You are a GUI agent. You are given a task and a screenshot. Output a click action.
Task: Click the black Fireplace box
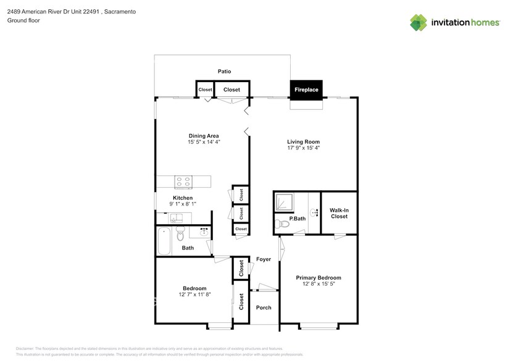pyautogui.click(x=306, y=90)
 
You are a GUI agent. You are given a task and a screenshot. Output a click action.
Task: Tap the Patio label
pyautogui.click(x=224, y=72)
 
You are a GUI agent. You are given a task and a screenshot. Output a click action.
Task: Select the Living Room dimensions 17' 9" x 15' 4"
pyautogui.click(x=303, y=148)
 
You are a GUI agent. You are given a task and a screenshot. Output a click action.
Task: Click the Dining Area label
pyautogui.click(x=204, y=136)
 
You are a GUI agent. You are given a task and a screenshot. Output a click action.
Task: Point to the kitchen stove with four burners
pyautogui.click(x=183, y=181)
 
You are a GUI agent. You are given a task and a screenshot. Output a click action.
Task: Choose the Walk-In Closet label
pyautogui.click(x=339, y=213)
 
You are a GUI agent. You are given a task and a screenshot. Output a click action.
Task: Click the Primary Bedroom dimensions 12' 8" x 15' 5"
pyautogui.click(x=318, y=284)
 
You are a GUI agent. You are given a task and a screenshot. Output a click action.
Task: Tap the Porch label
pyautogui.click(x=264, y=307)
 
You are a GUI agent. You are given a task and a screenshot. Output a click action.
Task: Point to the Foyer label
pyautogui.click(x=264, y=259)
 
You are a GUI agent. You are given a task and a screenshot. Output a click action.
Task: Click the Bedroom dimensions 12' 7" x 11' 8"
pyautogui.click(x=194, y=294)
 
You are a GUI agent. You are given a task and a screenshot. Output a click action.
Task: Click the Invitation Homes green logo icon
pyautogui.click(x=419, y=23)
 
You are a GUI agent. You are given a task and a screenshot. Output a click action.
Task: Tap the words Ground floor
pyautogui.click(x=23, y=20)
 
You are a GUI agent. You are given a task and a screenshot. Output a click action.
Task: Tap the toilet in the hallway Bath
pyautogui.click(x=180, y=235)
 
